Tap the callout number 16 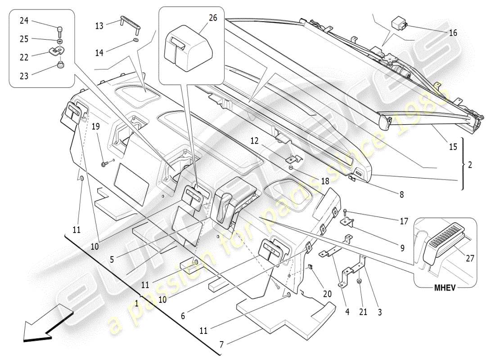[x=453, y=33]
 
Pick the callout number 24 [x=24, y=20]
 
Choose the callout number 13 [x=99, y=26]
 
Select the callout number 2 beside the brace [x=470, y=165]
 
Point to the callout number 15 [x=453, y=147]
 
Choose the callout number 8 [x=401, y=195]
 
